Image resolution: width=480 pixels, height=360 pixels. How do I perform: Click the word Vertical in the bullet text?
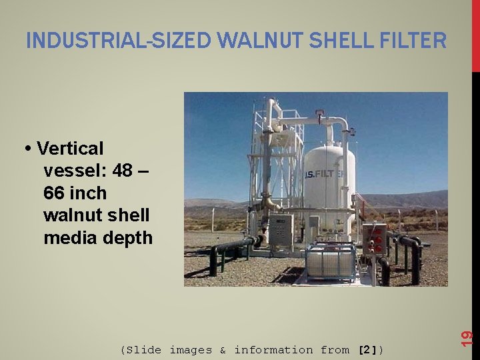point(71,147)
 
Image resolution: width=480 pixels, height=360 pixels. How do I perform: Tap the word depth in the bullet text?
point(129,238)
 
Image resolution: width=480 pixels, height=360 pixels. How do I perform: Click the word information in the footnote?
point(273,349)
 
